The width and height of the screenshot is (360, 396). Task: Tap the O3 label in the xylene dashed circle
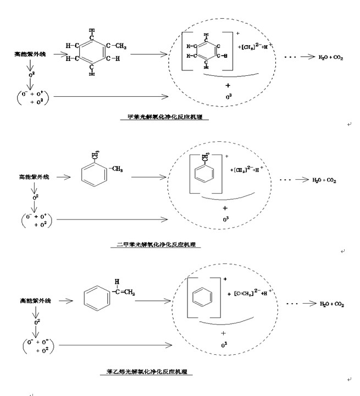225,220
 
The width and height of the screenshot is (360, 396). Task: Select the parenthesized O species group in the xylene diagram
35,221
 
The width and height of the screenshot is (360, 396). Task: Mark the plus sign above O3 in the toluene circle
227,85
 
